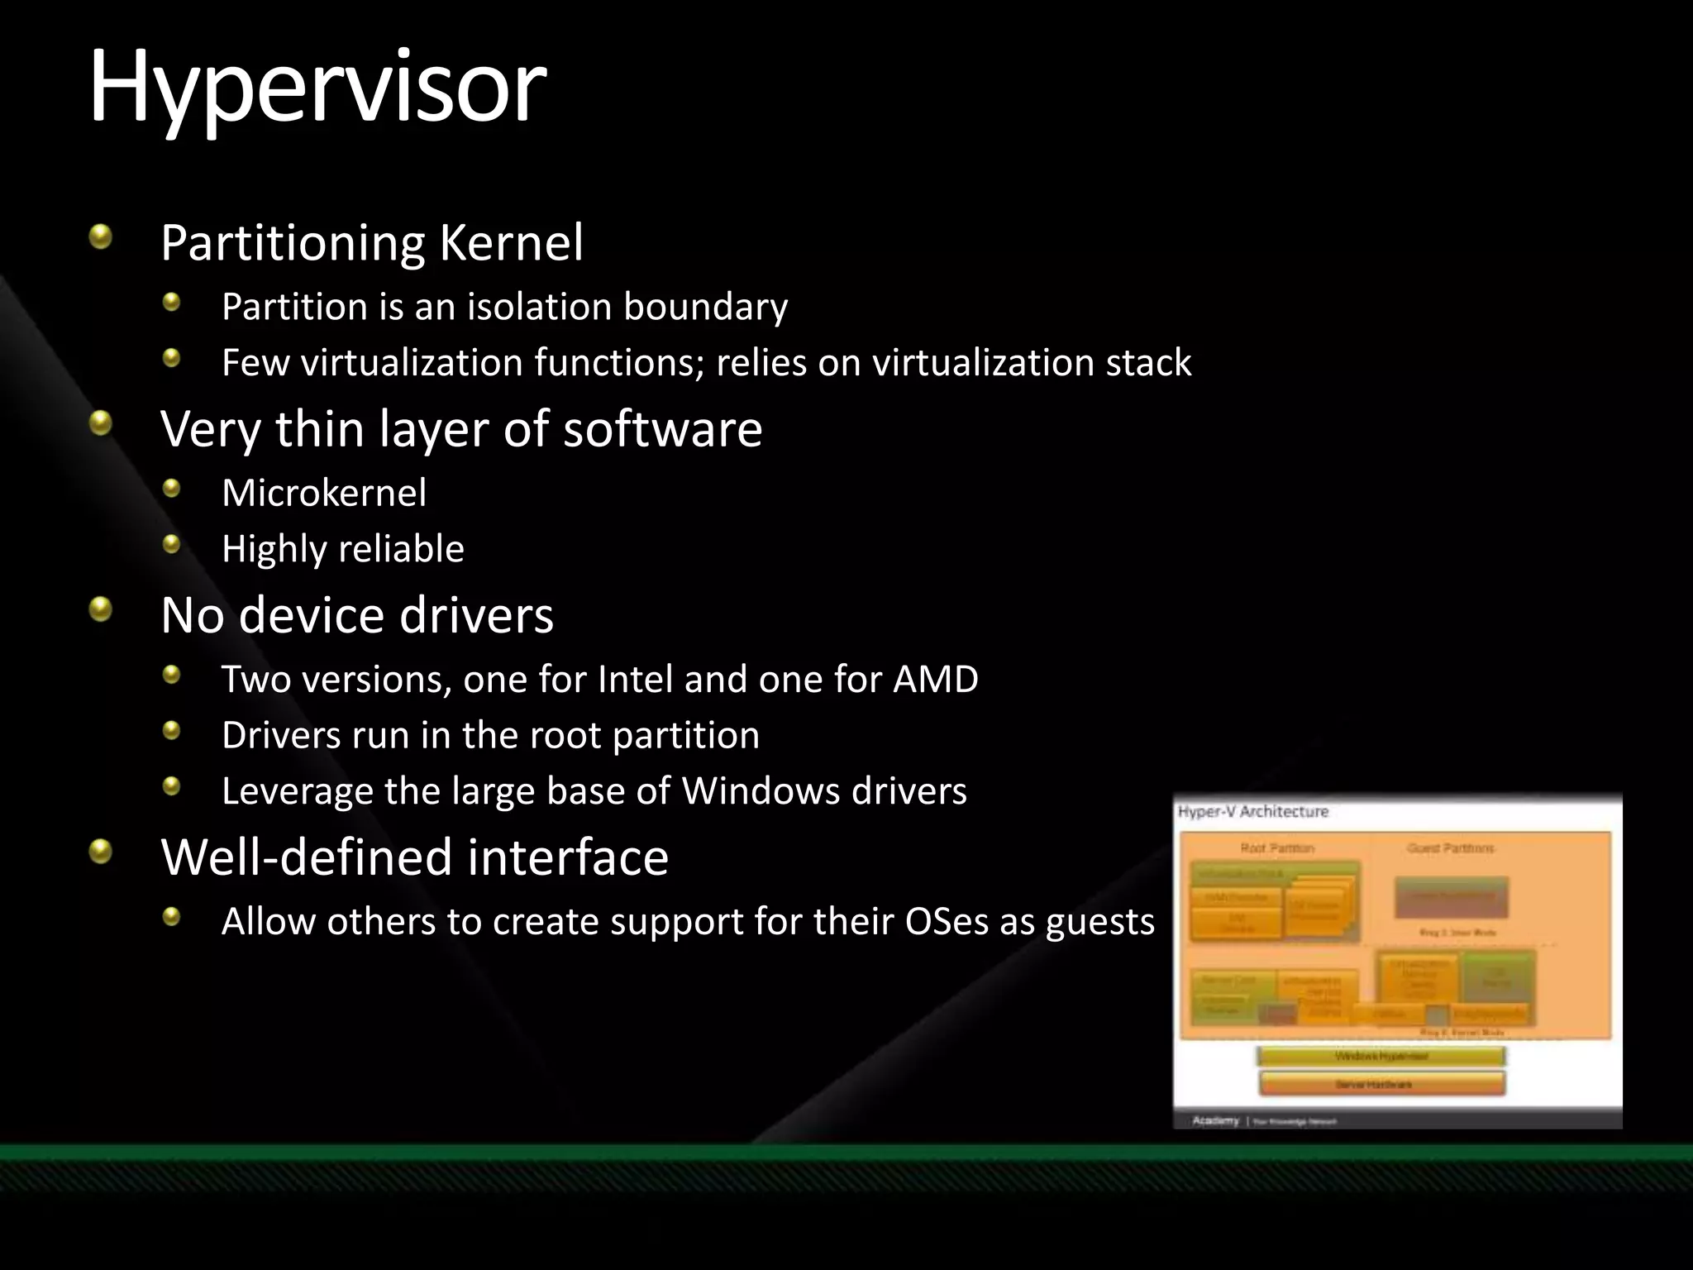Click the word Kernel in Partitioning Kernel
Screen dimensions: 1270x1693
pos(511,243)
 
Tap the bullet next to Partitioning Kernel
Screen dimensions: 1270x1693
pos(101,238)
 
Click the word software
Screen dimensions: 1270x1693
pos(662,429)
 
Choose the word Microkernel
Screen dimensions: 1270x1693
pos(324,494)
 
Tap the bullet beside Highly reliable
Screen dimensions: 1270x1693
pos(171,544)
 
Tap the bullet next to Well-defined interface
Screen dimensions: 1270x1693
pos(101,851)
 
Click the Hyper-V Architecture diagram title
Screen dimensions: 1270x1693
pos(1252,812)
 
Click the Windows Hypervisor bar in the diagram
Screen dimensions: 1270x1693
pos(1381,1057)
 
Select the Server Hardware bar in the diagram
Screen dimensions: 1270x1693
pos(1381,1084)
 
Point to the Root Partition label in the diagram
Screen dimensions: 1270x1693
pos(1276,848)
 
